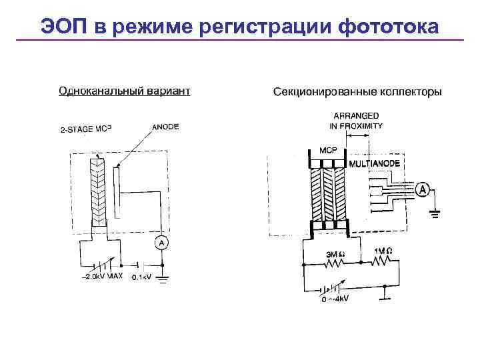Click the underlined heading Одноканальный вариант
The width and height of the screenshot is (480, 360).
tap(125, 90)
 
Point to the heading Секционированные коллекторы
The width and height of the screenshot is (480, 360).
tap(357, 91)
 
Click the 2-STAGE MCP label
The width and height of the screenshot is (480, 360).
tap(85, 129)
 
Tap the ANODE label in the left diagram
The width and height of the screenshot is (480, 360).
tap(165, 127)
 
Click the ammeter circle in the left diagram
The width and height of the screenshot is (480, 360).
tap(161, 243)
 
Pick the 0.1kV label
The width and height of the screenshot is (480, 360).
tap(143, 277)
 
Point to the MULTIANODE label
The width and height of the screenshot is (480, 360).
tap(375, 163)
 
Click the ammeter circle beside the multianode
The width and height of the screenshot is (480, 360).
tap(422, 191)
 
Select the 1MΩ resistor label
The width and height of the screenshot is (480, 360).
tap(383, 251)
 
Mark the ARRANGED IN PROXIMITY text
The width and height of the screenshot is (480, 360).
tap(356, 121)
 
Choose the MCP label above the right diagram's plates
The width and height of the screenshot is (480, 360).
tap(328, 149)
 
